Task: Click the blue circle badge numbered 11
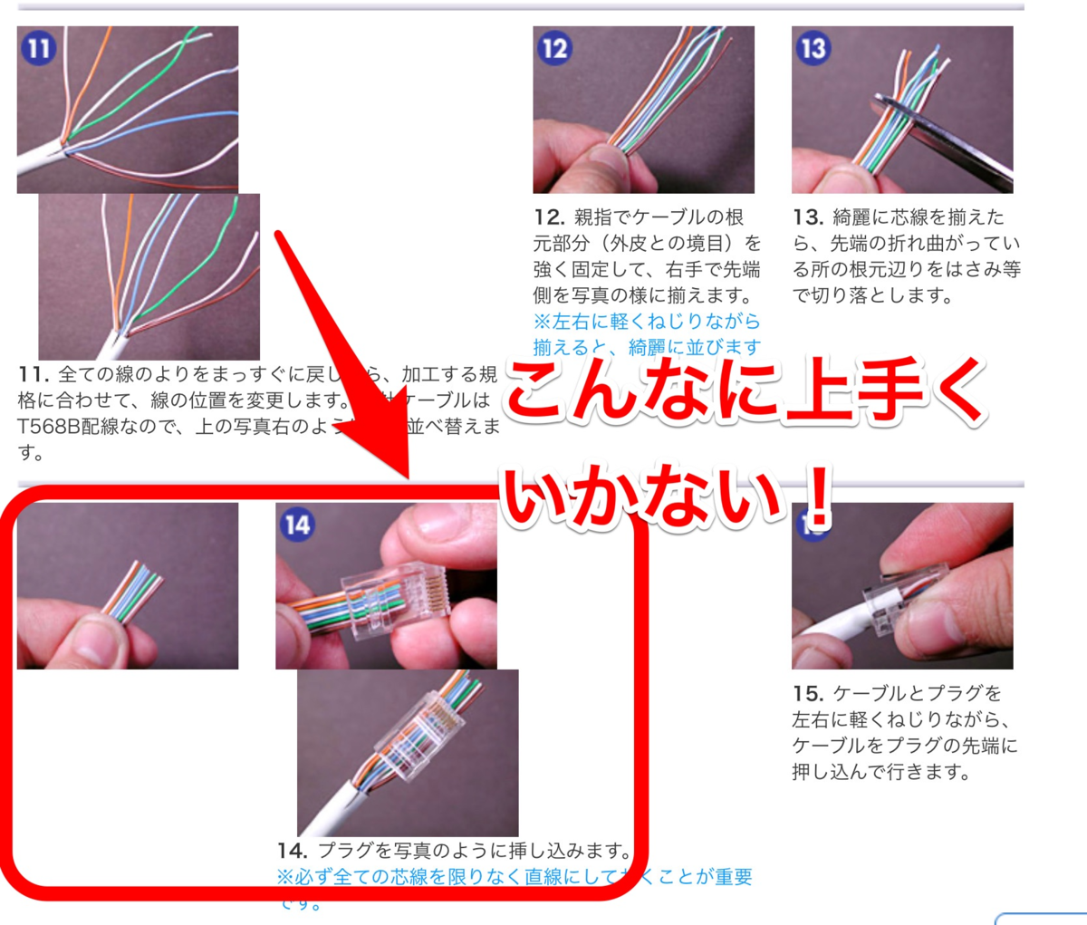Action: [x=38, y=47]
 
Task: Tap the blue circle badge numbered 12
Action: [x=553, y=47]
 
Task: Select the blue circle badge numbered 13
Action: [x=813, y=47]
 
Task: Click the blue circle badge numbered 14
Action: [x=296, y=525]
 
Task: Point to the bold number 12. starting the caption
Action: [x=549, y=218]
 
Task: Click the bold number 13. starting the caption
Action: [x=808, y=218]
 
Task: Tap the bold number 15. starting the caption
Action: [x=808, y=694]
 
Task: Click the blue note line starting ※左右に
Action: [x=647, y=322]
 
